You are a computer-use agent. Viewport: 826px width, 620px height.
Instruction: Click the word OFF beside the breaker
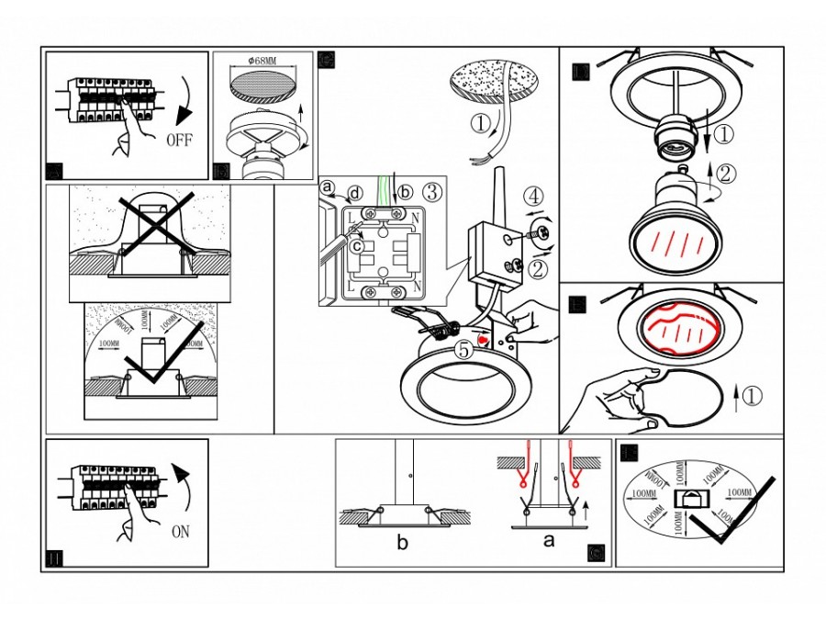(x=180, y=141)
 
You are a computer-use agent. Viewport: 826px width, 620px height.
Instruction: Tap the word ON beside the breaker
(x=182, y=531)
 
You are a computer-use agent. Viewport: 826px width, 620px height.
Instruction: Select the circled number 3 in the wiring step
(x=433, y=192)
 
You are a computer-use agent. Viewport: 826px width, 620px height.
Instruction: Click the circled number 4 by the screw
(x=534, y=196)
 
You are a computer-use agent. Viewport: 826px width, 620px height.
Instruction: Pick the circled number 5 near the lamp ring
(x=463, y=349)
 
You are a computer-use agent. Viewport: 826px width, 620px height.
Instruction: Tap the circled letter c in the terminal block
(x=356, y=245)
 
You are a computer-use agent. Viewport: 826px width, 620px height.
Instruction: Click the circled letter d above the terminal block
(x=353, y=194)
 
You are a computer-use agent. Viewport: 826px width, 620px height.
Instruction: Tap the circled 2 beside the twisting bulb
(x=724, y=172)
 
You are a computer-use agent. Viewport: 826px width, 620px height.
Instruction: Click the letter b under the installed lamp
(x=402, y=543)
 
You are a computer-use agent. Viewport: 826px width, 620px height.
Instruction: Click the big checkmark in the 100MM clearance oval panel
(x=735, y=514)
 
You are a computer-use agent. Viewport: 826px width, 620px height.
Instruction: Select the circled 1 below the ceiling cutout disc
(x=482, y=122)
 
